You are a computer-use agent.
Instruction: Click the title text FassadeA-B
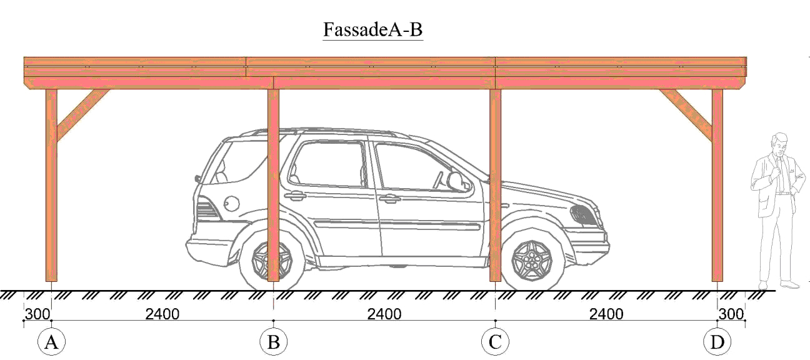372,29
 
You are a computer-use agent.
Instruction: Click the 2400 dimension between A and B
162,314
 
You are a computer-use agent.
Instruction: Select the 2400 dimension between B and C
384,314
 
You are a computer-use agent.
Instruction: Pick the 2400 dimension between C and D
606,314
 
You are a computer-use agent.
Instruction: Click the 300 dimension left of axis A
36,314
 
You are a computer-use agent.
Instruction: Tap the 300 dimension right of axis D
731,314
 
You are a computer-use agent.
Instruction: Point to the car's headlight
584,214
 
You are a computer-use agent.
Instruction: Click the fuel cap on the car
231,203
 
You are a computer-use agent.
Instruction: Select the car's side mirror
456,181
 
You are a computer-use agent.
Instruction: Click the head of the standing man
779,144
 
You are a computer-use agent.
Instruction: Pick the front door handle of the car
389,199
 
